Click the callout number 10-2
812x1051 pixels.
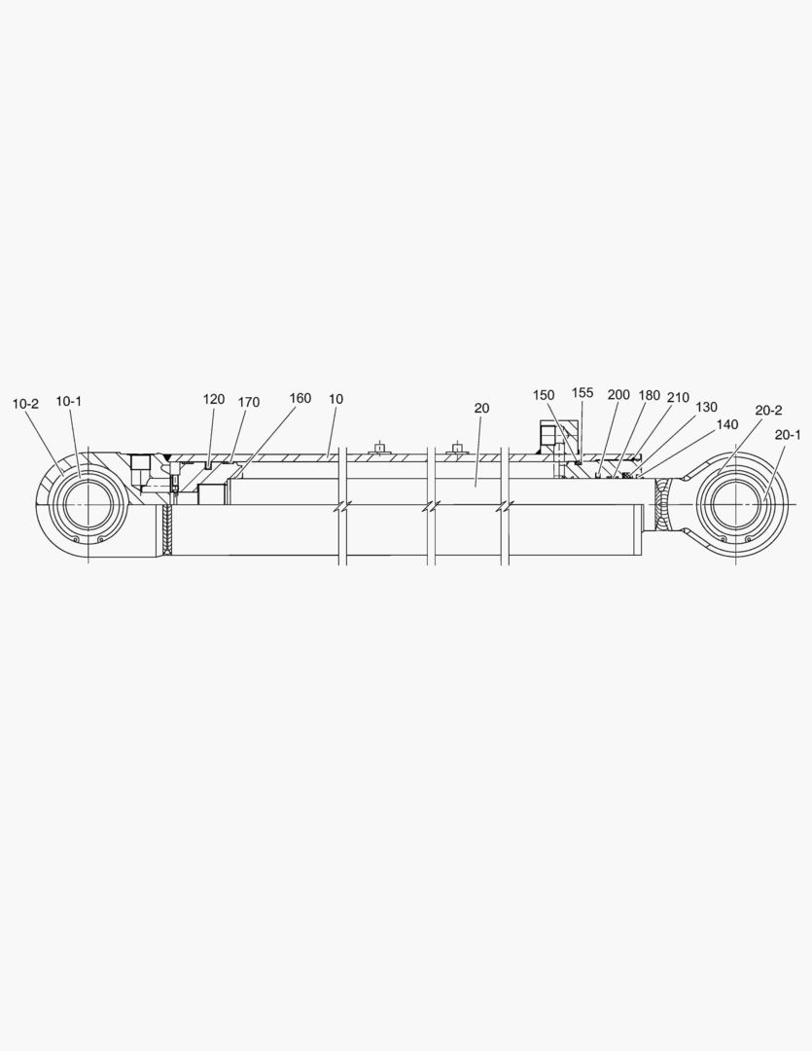point(25,404)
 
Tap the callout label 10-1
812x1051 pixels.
point(69,401)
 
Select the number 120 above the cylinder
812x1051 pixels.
point(214,399)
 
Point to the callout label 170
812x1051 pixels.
point(249,402)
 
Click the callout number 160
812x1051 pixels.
point(300,398)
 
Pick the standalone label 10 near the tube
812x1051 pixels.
point(335,399)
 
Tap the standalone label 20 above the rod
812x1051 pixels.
point(481,408)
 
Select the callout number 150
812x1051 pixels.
point(544,395)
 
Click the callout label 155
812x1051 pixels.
point(583,393)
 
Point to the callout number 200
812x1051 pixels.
point(618,395)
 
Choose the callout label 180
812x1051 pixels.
point(650,395)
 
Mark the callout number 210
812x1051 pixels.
point(679,398)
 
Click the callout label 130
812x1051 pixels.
point(707,407)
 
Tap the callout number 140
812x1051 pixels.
point(727,424)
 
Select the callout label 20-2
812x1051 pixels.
point(768,411)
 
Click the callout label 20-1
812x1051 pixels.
point(788,435)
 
